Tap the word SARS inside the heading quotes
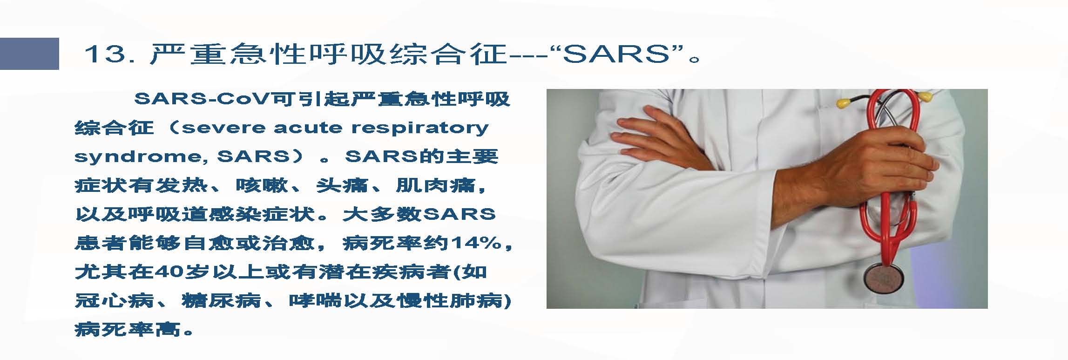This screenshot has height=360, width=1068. coord(616,54)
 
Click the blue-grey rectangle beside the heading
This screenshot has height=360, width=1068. coord(29,54)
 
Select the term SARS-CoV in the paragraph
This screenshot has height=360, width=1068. coord(203,99)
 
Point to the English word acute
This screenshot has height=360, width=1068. coord(308,128)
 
